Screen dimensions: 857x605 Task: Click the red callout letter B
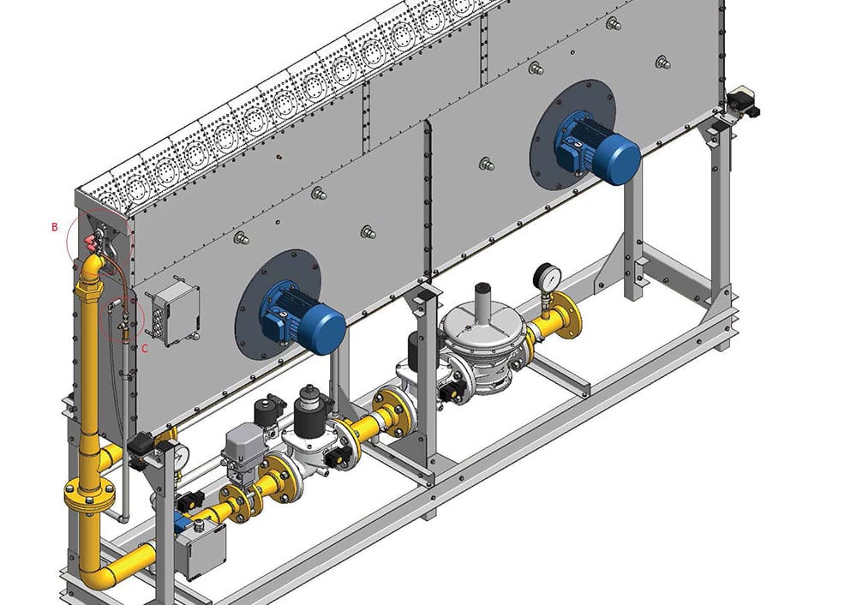click(x=55, y=226)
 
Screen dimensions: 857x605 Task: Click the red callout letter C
click(x=145, y=349)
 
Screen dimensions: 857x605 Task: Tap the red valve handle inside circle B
click(x=91, y=243)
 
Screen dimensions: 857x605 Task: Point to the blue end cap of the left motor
click(x=325, y=329)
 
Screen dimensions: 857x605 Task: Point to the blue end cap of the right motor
click(x=620, y=158)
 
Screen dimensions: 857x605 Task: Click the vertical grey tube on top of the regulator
click(x=482, y=298)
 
